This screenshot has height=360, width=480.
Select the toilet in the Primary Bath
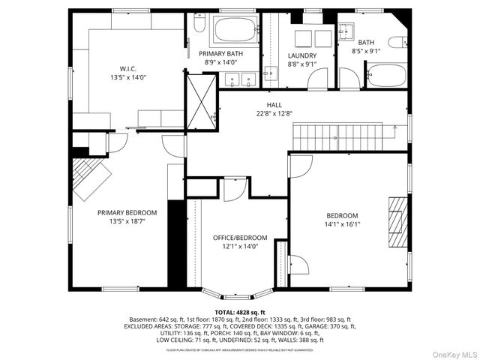click(198, 25)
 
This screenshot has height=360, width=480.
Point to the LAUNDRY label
click(302, 55)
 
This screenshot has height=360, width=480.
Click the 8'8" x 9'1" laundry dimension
click(302, 65)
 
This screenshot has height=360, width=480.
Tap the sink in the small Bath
click(347, 31)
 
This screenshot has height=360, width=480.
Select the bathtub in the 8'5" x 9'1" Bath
click(385, 76)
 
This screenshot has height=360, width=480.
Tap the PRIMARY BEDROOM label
click(127, 212)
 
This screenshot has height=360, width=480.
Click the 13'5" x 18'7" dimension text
click(127, 222)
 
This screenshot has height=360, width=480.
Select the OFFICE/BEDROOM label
click(235, 237)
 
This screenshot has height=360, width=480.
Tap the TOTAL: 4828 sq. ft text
click(239, 311)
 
